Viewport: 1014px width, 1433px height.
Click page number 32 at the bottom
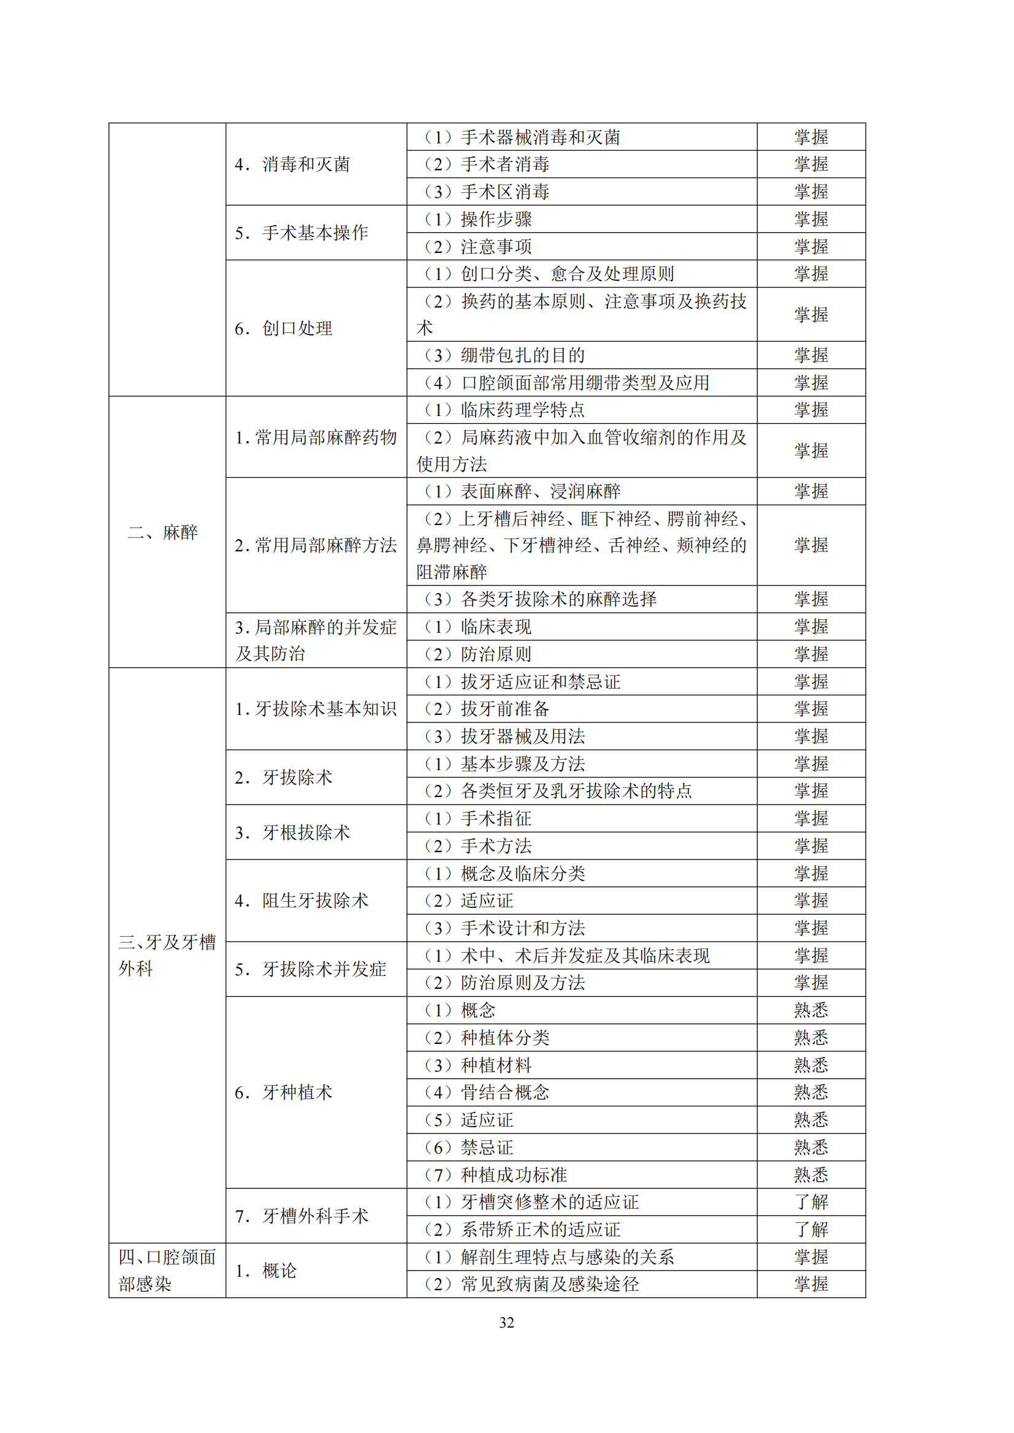506,1322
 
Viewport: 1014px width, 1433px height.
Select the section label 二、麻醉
163,532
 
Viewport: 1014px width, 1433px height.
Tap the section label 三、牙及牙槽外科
167,955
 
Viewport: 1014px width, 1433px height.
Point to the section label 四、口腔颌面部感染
167,1270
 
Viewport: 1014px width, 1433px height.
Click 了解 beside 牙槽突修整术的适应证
811,1202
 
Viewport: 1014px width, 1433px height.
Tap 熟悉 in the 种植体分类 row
811,1037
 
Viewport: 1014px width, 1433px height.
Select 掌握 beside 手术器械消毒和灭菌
811,137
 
